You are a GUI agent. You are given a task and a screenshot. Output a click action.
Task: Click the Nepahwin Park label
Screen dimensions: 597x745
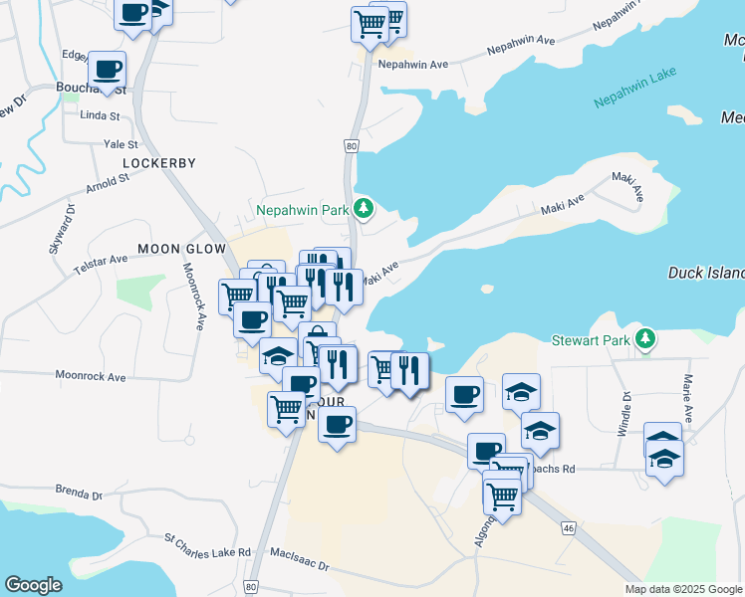point(302,210)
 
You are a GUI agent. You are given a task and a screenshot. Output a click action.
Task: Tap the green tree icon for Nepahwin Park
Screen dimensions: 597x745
point(366,207)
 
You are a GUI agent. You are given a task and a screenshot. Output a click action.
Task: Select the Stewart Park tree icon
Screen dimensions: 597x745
point(646,339)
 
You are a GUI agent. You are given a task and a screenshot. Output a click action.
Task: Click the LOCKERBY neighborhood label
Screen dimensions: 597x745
point(159,162)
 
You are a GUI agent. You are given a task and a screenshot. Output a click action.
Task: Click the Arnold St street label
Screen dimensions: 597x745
point(109,184)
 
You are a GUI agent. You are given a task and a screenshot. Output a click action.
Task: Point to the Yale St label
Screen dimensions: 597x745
point(121,144)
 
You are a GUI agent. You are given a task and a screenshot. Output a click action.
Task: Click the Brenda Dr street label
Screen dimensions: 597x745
point(80,494)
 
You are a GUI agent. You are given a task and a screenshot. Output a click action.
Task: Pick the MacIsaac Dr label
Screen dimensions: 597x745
point(299,564)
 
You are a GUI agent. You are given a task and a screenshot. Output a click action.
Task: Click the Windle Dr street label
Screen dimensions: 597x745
point(626,409)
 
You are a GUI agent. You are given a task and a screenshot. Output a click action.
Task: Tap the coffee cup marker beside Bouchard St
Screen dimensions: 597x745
point(107,70)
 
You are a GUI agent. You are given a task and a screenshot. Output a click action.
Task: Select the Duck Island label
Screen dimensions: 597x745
point(705,272)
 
